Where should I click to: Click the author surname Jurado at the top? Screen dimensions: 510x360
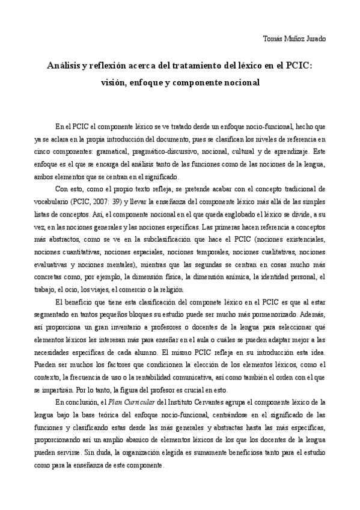click(x=313, y=38)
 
